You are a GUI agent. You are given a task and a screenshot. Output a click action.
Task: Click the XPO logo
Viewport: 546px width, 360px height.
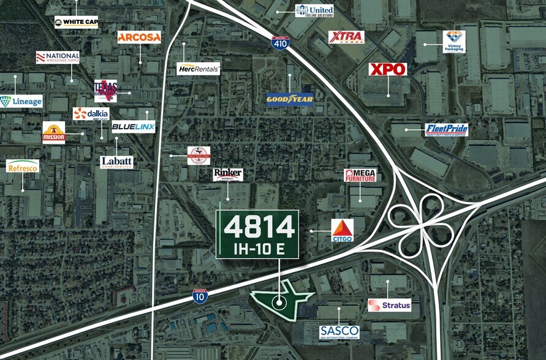pos(387,69)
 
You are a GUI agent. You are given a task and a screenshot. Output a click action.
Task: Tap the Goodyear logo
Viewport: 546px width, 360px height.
pos(290,99)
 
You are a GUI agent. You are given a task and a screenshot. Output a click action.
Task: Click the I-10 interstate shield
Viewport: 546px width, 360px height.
pos(200,296)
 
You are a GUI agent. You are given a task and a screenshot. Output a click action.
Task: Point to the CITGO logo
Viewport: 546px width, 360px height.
pos(343,230)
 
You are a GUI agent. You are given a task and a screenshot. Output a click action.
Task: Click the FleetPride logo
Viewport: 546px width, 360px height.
pos(446,129)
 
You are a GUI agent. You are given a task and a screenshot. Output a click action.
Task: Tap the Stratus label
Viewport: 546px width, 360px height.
pos(390,305)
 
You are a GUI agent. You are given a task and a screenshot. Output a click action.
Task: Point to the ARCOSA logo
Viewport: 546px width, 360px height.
pos(139,37)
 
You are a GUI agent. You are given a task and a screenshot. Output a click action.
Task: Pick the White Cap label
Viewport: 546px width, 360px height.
pos(75,23)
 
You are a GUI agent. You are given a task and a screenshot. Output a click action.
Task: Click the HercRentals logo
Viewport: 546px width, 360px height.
pos(198,69)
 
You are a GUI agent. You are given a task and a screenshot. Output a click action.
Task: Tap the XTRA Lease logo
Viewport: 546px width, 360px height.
pos(346,37)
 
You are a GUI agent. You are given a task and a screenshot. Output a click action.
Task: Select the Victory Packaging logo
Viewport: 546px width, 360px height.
pos(454,41)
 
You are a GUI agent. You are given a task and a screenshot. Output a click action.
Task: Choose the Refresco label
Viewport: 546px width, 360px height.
pos(23,166)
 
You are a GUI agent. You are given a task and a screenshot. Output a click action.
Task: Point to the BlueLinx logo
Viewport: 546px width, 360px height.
pos(133,127)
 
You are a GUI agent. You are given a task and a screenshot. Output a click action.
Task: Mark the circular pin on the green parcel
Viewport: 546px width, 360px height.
pos(279,301)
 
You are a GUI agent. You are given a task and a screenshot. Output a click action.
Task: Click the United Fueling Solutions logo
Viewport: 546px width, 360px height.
pos(314,10)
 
